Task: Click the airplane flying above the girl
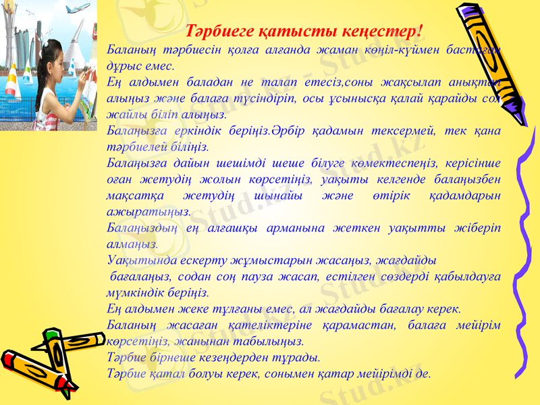(x=80, y=9)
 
